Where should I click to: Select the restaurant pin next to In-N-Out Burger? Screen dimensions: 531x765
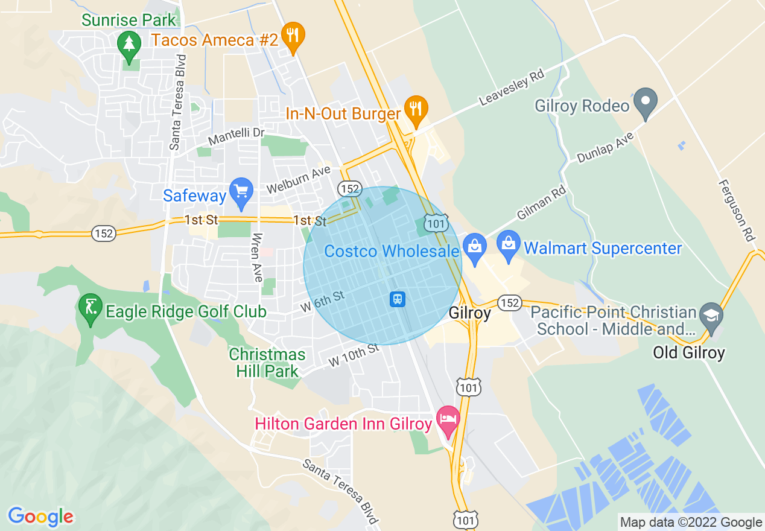click(x=416, y=109)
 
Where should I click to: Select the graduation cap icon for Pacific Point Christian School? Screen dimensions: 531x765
click(x=711, y=316)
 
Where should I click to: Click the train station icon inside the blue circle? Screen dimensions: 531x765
click(x=397, y=299)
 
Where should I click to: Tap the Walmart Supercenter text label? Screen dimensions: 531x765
click(x=603, y=248)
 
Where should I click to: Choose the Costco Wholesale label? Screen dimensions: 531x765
click(x=392, y=251)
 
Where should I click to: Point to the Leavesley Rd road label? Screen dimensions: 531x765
click(x=512, y=88)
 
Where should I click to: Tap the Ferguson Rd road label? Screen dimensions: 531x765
click(x=737, y=210)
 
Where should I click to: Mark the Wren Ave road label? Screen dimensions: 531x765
click(x=258, y=257)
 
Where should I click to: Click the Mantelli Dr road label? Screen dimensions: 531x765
click(x=236, y=136)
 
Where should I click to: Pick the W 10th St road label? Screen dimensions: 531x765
click(x=354, y=355)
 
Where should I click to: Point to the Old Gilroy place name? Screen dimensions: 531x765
click(x=688, y=352)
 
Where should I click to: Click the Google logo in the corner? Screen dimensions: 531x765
click(x=41, y=517)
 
